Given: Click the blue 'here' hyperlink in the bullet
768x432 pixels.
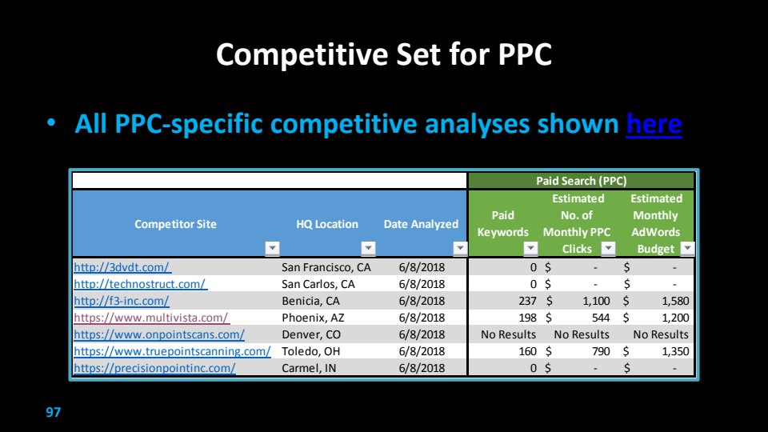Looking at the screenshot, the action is tap(654, 123).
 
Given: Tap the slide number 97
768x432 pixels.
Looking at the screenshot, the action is tap(54, 412).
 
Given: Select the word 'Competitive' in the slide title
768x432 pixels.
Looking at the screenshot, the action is tap(302, 54).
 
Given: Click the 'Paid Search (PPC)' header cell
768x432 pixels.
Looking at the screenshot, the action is tap(581, 181).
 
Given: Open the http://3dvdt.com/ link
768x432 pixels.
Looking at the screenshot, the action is tap(122, 267).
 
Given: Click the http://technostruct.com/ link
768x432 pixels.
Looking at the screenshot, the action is tap(140, 284).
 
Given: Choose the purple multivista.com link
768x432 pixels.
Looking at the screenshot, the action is tap(151, 318).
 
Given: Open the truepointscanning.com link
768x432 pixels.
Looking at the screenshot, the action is tap(172, 351).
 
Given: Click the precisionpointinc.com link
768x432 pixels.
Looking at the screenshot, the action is tap(154, 368).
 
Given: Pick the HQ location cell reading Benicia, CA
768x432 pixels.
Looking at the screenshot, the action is tap(310, 301).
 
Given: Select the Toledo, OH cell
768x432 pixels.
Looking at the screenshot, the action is tap(310, 351).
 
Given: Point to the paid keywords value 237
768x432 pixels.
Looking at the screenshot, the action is tap(527, 301).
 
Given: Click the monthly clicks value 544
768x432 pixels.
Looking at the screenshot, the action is tap(601, 318).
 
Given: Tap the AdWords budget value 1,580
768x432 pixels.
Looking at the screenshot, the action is tap(675, 301).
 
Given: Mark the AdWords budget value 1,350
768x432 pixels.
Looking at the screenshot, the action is tap(675, 351).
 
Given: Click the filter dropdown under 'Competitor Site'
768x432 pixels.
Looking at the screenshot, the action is tap(272, 248).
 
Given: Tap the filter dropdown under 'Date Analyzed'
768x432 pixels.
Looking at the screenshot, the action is tap(459, 248).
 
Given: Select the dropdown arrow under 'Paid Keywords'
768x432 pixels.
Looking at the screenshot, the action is tap(530, 248).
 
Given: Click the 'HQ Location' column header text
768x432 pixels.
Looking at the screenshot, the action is tap(327, 224).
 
